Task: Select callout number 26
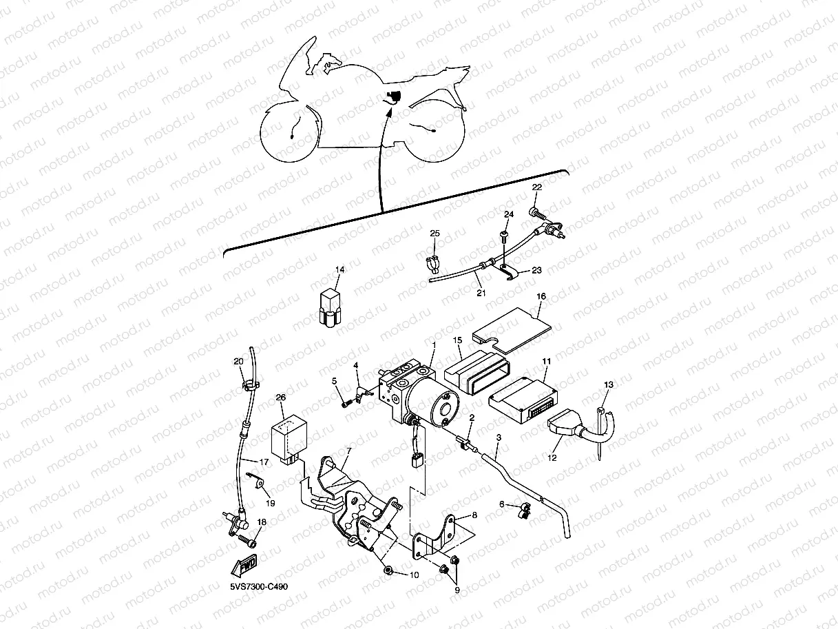280,398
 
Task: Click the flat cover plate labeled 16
512,324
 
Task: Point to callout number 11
546,362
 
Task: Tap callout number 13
608,384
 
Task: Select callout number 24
508,215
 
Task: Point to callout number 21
481,293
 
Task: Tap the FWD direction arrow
244,566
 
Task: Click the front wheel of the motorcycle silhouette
291,133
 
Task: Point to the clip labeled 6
525,510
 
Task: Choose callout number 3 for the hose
498,438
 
